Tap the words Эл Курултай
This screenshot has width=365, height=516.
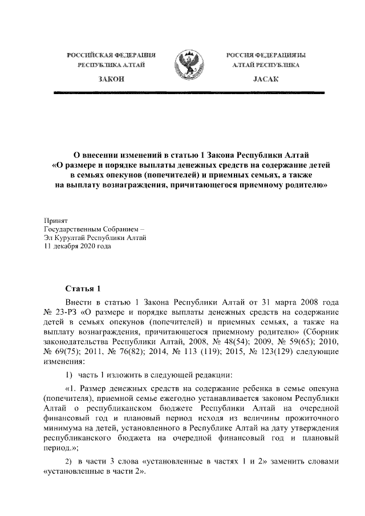(63, 238)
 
